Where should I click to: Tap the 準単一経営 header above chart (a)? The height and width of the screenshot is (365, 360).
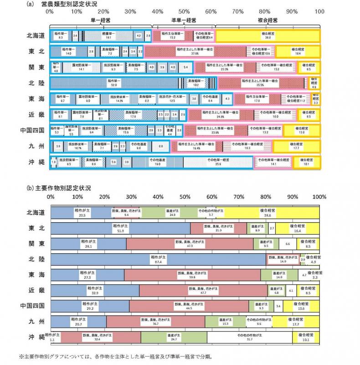[183, 21]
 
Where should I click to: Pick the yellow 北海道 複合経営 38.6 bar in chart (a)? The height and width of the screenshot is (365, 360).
[267, 36]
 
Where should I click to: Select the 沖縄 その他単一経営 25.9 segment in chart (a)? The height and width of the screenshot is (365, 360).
[218, 162]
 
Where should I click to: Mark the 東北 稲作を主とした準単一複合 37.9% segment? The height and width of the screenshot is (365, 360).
[195, 52]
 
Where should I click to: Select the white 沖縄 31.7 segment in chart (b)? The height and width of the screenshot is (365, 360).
[250, 337]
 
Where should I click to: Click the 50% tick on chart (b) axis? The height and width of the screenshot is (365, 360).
[185, 197]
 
